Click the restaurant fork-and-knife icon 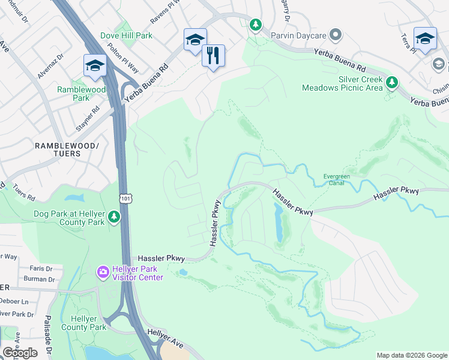pyautogui.click(x=213, y=56)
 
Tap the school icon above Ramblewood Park pyautogui.click(x=95, y=65)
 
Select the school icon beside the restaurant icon pyautogui.click(x=195, y=40)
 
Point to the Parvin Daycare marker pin pyautogui.click(x=336, y=35)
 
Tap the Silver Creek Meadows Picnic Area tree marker pyautogui.click(x=392, y=82)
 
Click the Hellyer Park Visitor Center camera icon pyautogui.click(x=103, y=273)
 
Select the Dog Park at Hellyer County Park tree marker pyautogui.click(x=114, y=217)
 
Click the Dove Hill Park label pyautogui.click(x=126, y=35)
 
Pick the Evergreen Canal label pyautogui.click(x=337, y=180)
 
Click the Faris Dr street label pyautogui.click(x=41, y=269)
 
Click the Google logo pyautogui.click(x=20, y=353)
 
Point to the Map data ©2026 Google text pyautogui.click(x=411, y=355)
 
